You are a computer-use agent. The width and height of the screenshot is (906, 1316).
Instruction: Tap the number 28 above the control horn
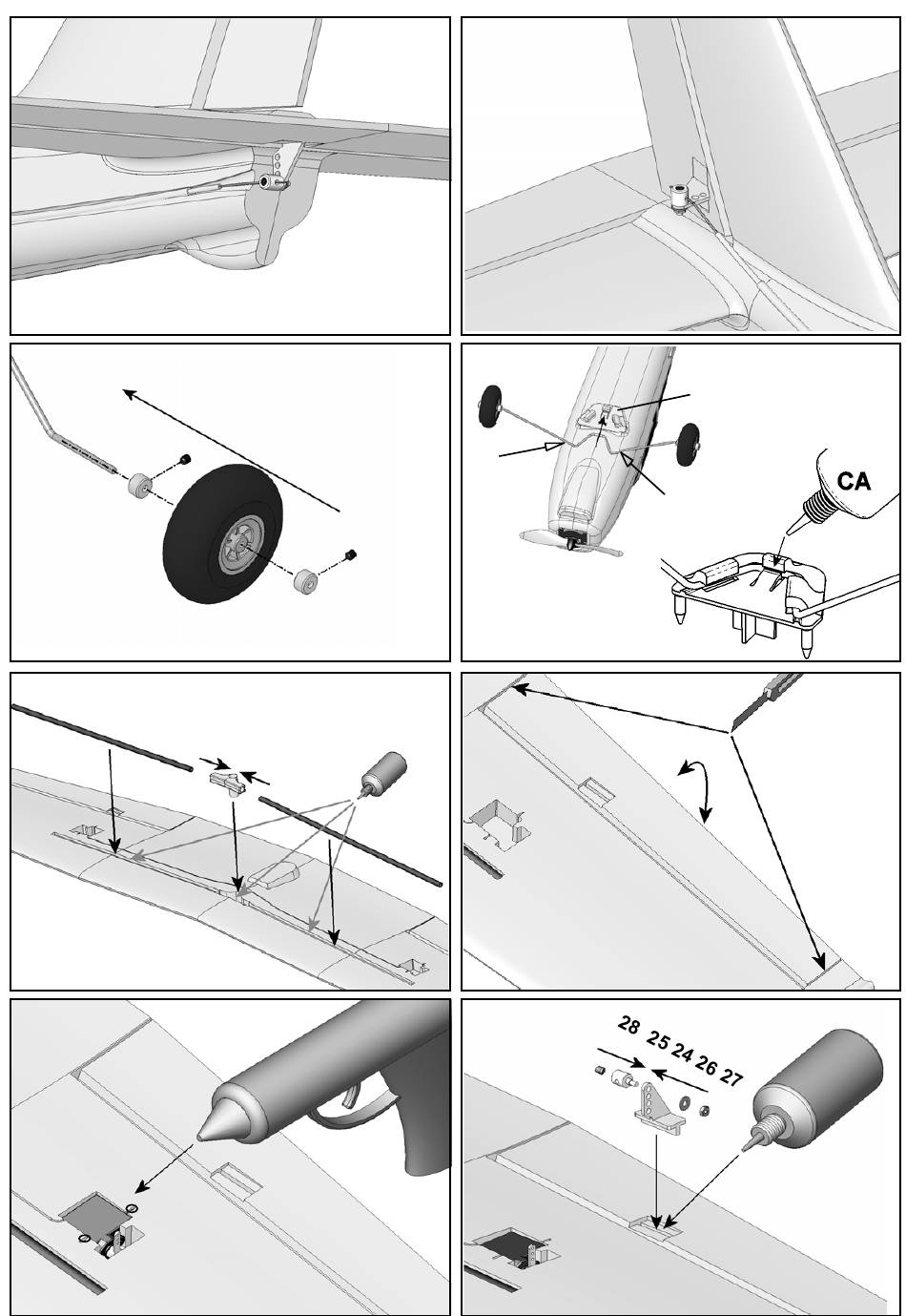pos(628,1026)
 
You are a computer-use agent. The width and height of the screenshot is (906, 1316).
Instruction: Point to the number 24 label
pos(682,1052)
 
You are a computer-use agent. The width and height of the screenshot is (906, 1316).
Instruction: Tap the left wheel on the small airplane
pos(492,406)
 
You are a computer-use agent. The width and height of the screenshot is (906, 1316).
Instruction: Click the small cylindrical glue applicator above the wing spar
pos(382,770)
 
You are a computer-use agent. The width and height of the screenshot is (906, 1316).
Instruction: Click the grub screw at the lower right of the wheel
pos(352,554)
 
